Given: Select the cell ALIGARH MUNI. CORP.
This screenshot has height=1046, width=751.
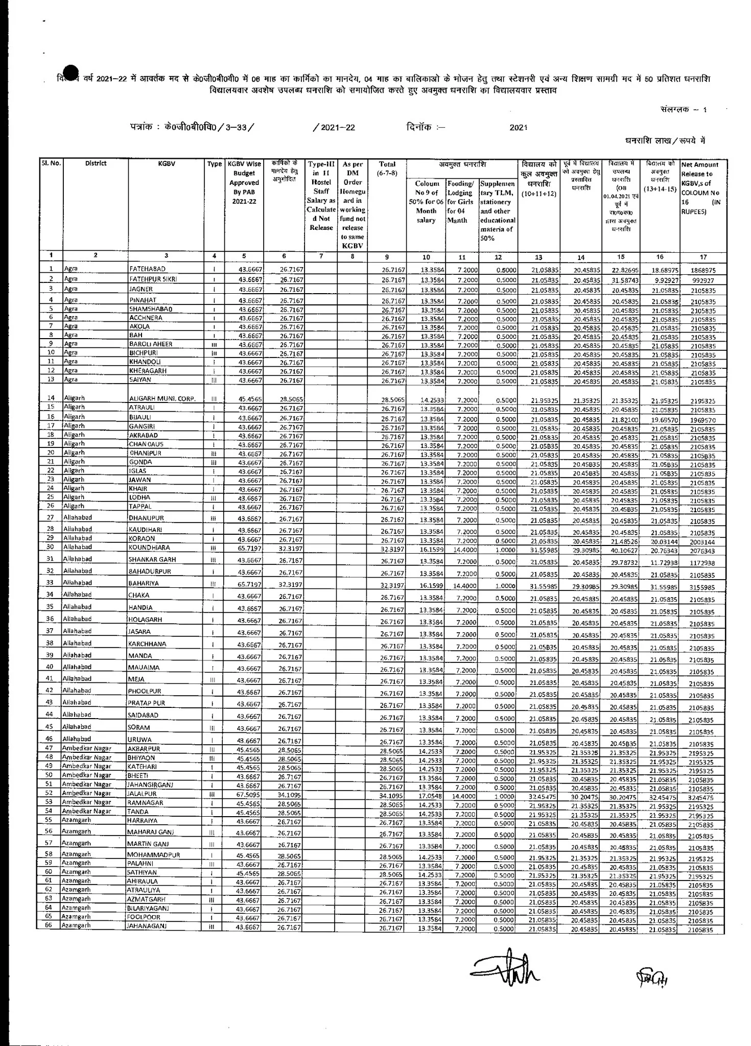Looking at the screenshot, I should (162, 399).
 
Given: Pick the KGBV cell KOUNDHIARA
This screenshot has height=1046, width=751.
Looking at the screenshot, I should (149, 548).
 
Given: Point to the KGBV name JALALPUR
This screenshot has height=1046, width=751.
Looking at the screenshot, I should (143, 794).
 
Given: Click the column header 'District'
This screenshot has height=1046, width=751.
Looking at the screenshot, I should (96, 163).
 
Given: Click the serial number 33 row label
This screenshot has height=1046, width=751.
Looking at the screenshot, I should (50, 583).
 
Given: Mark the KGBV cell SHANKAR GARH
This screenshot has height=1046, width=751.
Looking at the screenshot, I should (152, 559).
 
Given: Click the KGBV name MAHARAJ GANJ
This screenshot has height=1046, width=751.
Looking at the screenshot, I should (151, 832).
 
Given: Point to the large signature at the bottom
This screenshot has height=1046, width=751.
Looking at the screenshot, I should (506, 973).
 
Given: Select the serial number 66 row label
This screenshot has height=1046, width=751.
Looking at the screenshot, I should (49, 925).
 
